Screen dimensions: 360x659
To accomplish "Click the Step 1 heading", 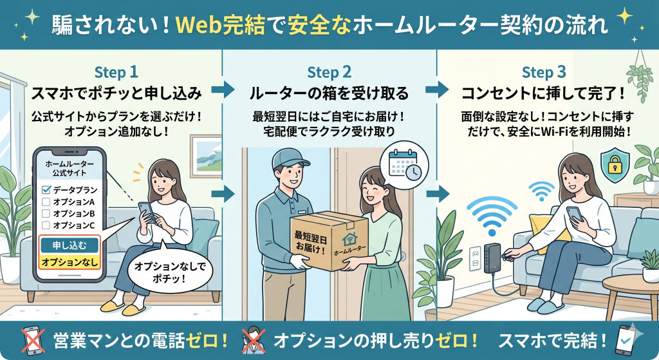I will [x=116, y=72].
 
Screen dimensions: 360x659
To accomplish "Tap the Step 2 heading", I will [x=329, y=72].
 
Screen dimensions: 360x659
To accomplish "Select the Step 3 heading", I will [x=543, y=72].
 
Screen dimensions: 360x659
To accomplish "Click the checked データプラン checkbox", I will [x=46, y=190].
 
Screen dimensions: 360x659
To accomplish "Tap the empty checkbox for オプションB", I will [x=46, y=213].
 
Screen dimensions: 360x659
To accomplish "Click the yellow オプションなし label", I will [x=69, y=262].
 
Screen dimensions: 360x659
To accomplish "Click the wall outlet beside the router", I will [x=475, y=258].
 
